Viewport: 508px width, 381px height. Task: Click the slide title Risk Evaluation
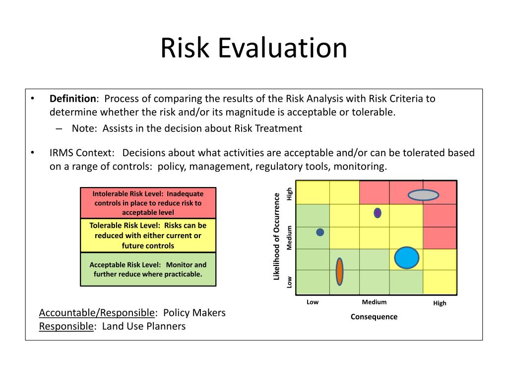pyautogui.click(x=254, y=49)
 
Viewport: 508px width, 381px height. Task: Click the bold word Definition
pyautogui.click(x=72, y=98)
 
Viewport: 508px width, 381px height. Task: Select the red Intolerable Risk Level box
pyautogui.click(x=148, y=203)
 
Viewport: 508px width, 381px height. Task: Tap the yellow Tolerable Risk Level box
pyautogui.click(x=148, y=236)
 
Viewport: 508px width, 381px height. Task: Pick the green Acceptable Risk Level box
pyautogui.click(x=148, y=269)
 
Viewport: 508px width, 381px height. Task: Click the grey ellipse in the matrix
pyautogui.click(x=423, y=195)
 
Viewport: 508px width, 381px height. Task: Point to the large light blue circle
pyautogui.click(x=407, y=257)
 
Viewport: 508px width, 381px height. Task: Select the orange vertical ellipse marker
pyautogui.click(x=339, y=271)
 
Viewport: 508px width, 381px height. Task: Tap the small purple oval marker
pyautogui.click(x=378, y=213)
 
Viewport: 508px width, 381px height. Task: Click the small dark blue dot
pyautogui.click(x=320, y=232)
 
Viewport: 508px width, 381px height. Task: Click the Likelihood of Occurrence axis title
pyautogui.click(x=277, y=237)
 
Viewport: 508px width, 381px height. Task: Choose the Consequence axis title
pyautogui.click(x=374, y=317)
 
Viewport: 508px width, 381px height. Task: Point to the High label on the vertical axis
pyautogui.click(x=290, y=193)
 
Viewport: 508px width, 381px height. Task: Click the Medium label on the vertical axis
pyautogui.click(x=290, y=238)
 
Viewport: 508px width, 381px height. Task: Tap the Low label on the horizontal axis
pyautogui.click(x=313, y=302)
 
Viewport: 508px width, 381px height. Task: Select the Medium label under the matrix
pyautogui.click(x=374, y=302)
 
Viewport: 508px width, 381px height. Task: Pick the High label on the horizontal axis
pyautogui.click(x=440, y=303)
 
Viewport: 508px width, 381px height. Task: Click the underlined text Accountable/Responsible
pyautogui.click(x=97, y=313)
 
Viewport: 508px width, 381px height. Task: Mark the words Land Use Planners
pyautogui.click(x=144, y=326)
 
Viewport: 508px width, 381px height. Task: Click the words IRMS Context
pyautogui.click(x=82, y=153)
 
